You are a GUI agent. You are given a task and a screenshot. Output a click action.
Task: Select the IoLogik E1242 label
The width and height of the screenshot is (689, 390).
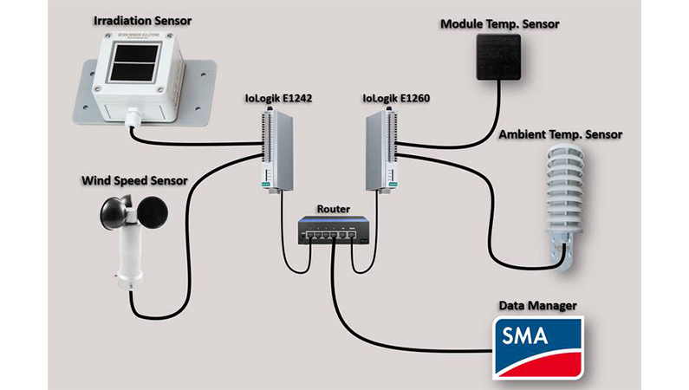point(279,100)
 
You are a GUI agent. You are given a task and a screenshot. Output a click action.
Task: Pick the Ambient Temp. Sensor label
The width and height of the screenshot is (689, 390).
point(560,136)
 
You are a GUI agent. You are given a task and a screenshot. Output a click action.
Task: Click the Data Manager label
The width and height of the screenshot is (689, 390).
point(537,306)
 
